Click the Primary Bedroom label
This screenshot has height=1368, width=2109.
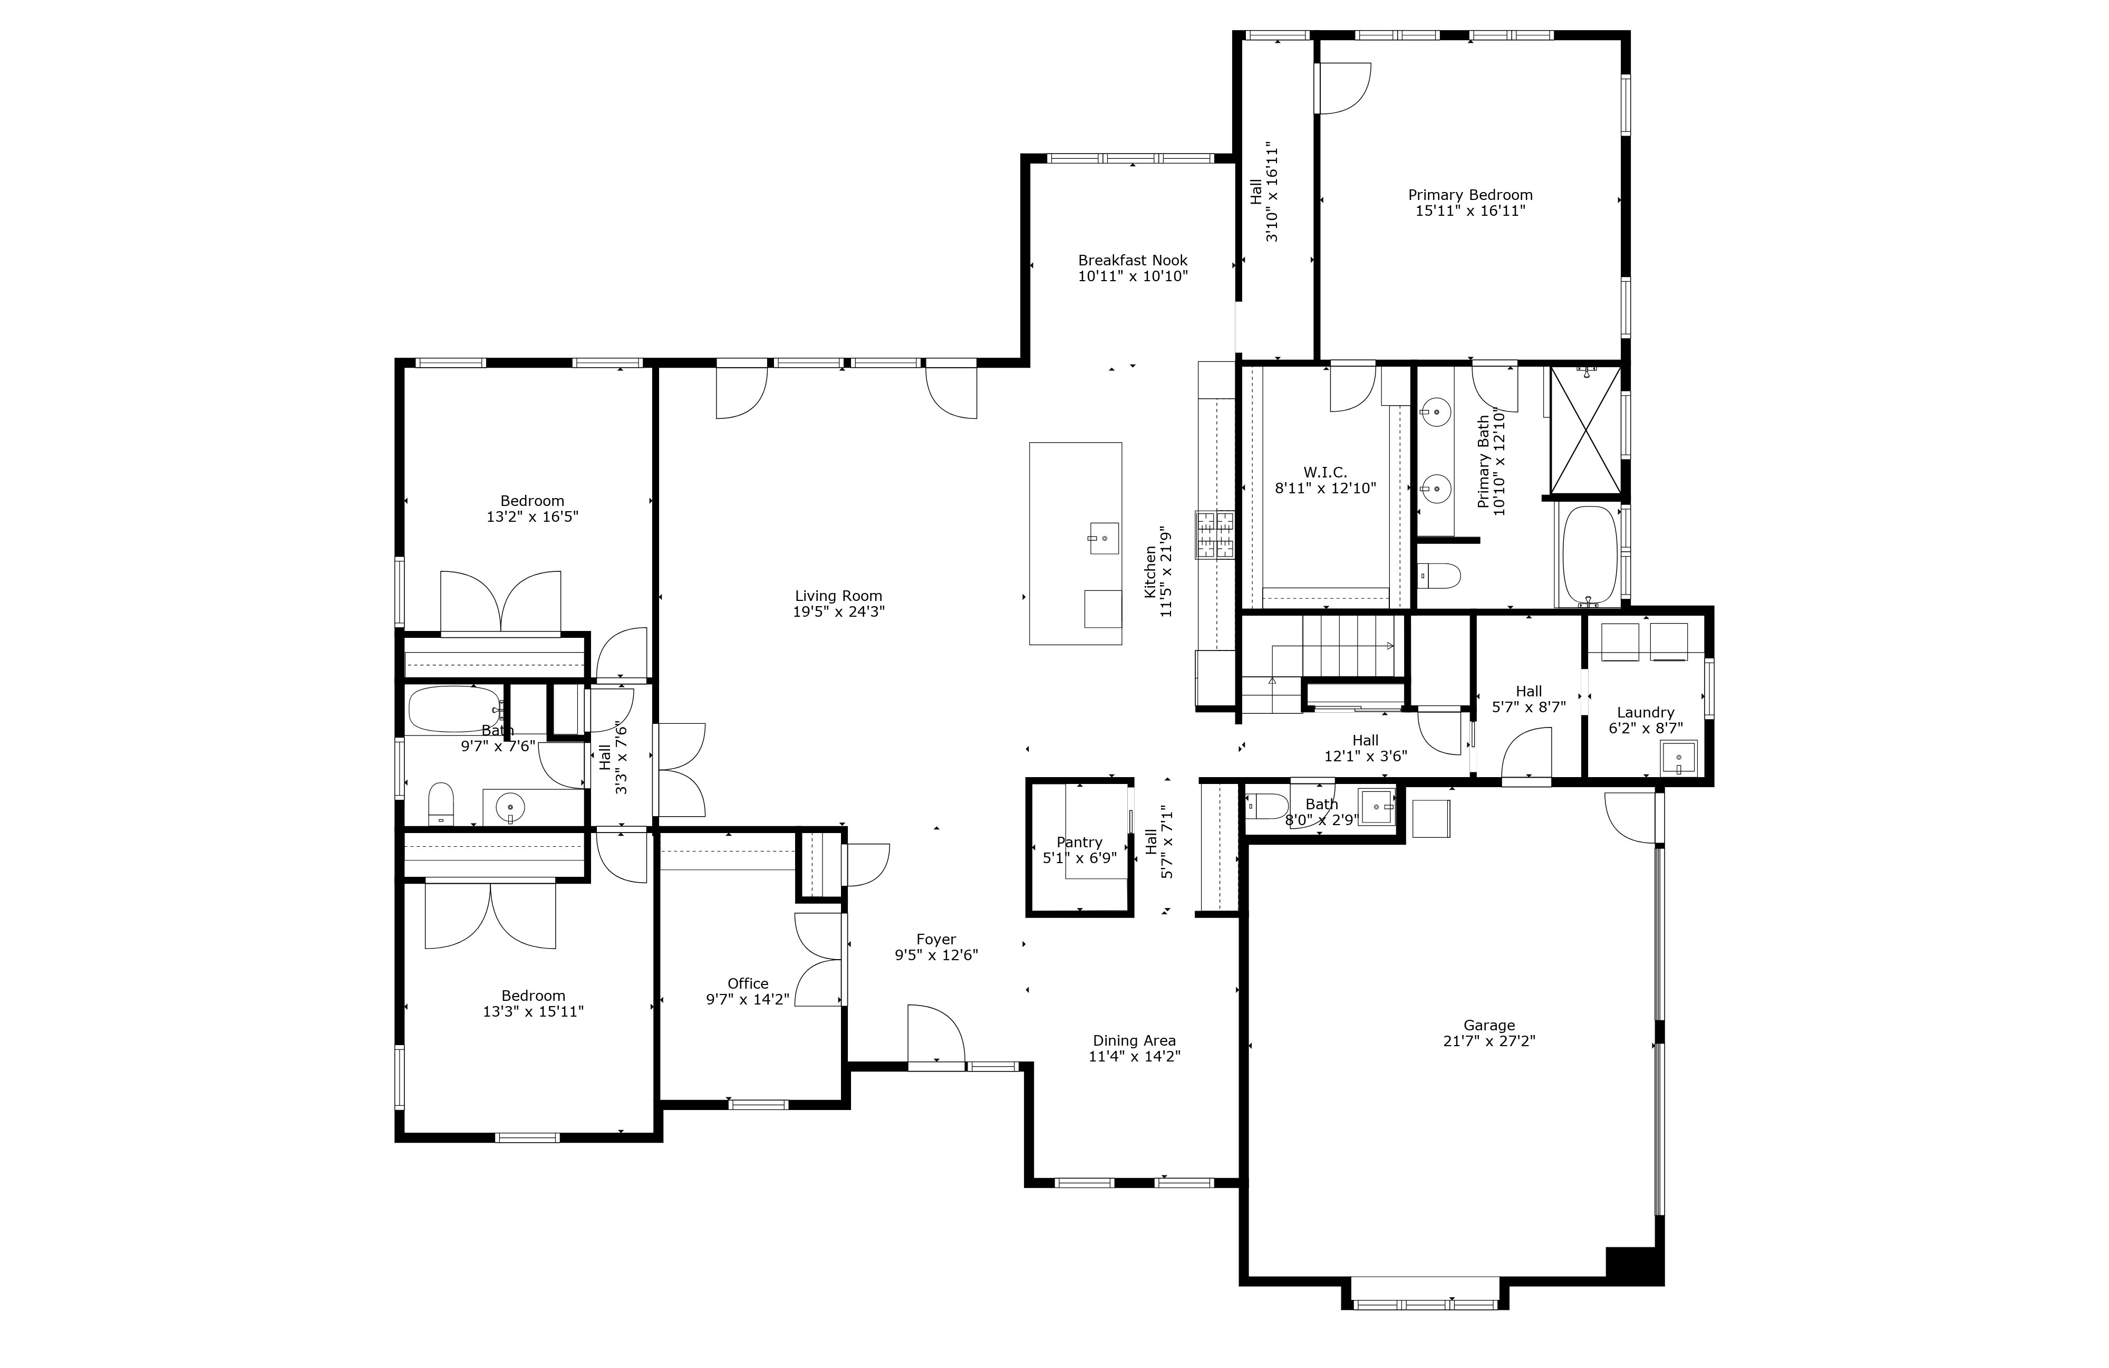(1470, 195)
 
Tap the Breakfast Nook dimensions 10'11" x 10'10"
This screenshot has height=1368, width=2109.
(1133, 276)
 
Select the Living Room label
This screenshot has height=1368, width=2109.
(838, 596)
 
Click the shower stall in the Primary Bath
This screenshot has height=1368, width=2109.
(1585, 430)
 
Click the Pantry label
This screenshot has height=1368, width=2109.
(1079, 842)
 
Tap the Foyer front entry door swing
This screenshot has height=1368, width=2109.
(936, 1033)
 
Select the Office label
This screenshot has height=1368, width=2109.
(748, 983)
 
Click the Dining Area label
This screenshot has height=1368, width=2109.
(1134, 1041)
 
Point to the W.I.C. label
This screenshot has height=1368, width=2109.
(1325, 473)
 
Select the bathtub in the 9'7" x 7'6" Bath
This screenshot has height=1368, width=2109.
(454, 709)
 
